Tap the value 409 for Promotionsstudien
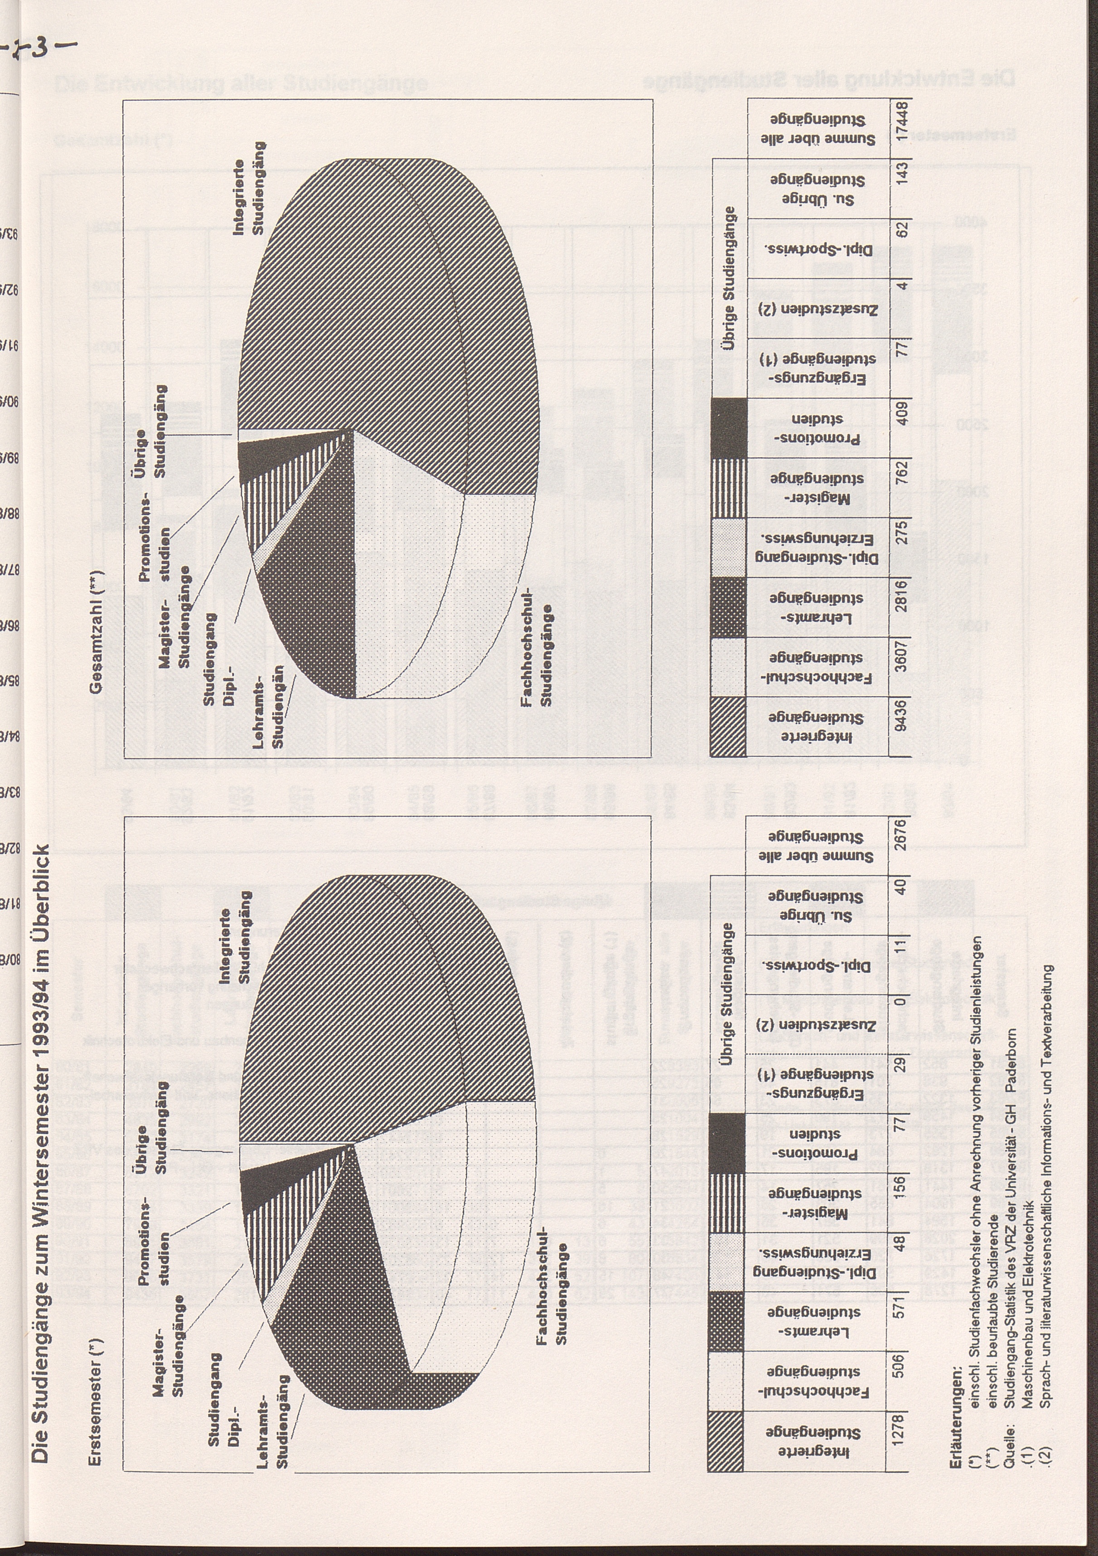(x=900, y=427)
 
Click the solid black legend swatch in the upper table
(x=729, y=427)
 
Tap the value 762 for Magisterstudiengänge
(x=900, y=487)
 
